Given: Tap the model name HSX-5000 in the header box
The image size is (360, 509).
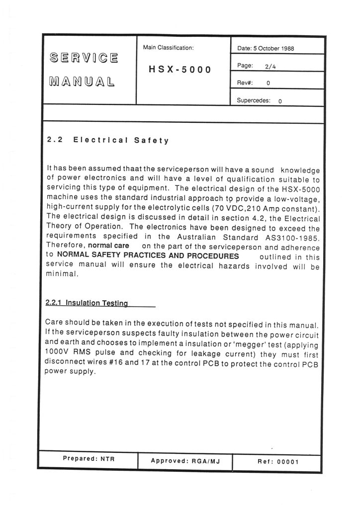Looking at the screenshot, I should click(x=180, y=70).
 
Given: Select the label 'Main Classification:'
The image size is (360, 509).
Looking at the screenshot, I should click(x=168, y=48).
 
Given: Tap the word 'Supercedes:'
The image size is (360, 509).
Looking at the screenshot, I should click(x=254, y=100).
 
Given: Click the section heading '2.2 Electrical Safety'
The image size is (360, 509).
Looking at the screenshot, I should click(x=107, y=140).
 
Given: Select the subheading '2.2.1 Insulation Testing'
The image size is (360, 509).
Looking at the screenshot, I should click(x=87, y=302).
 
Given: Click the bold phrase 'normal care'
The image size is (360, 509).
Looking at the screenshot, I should click(x=108, y=246).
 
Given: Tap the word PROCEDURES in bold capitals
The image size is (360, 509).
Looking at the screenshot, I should click(x=209, y=255).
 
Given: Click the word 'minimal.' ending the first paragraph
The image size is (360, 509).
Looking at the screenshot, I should click(x=62, y=274).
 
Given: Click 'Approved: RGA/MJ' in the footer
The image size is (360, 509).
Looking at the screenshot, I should click(x=184, y=461).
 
